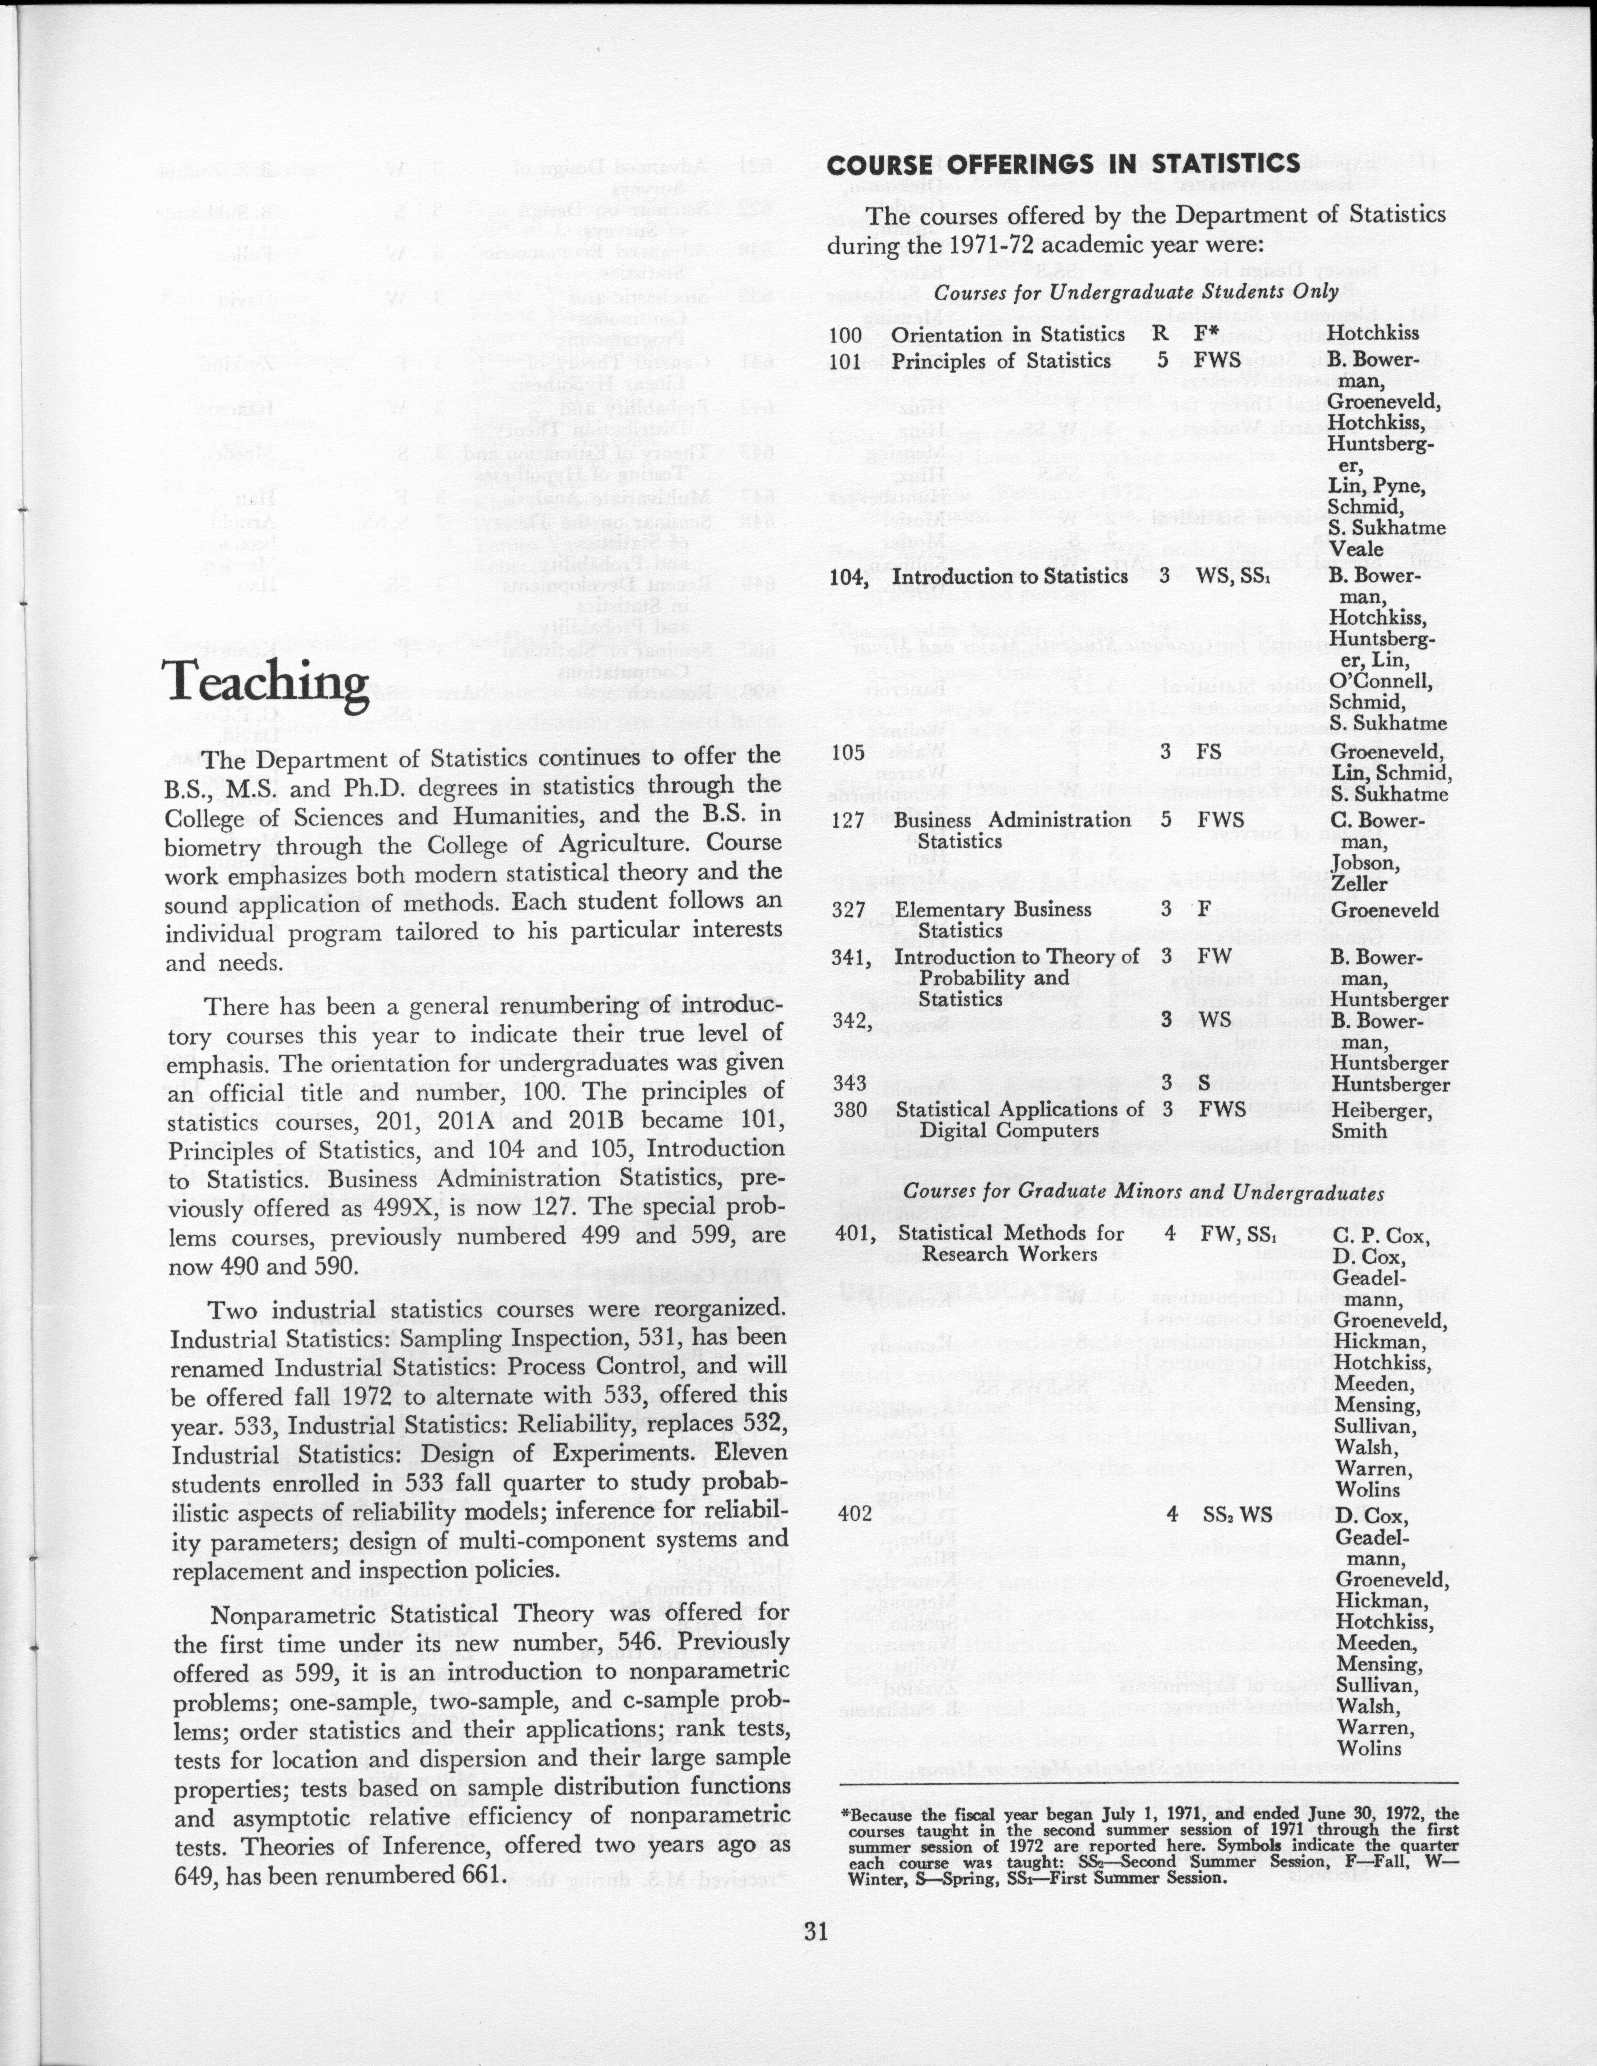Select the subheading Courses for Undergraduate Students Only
1137,292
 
